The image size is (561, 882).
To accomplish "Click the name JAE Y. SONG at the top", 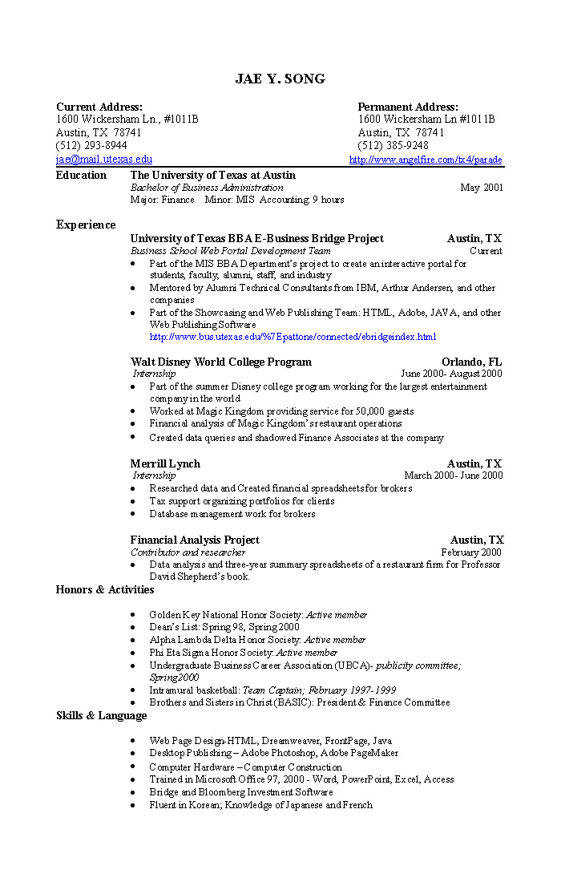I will click(280, 79).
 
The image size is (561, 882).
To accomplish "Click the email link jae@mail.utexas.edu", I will click(103, 160).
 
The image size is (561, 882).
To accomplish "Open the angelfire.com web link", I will click(426, 160).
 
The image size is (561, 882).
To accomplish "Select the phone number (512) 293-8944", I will click(91, 146).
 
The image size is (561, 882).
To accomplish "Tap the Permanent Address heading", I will click(408, 107).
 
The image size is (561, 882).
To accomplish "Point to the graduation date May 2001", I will click(482, 188).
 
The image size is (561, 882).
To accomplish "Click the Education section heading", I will click(81, 175).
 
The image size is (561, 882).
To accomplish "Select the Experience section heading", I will click(86, 225).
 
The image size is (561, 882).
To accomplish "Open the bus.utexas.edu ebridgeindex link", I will click(293, 337).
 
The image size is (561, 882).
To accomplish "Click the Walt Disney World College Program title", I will click(220, 362).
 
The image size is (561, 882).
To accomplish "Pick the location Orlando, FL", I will click(471, 362).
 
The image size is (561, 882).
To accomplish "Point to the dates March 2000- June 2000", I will click(454, 475).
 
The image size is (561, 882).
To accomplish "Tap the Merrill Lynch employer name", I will click(165, 463).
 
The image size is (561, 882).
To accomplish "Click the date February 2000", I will click(471, 552).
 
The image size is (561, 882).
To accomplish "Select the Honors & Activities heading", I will click(105, 590).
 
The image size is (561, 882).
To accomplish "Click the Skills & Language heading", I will click(102, 715).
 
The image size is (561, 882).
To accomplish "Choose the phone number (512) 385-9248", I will click(393, 146).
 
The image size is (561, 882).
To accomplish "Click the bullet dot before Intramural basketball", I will click(132, 690).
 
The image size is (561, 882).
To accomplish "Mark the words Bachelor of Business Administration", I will click(207, 188).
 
